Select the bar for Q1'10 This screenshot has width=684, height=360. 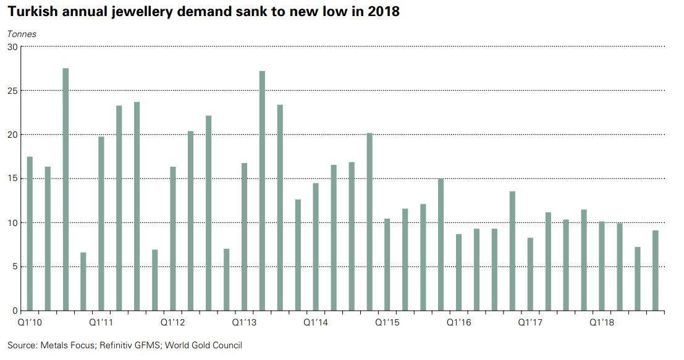(x=30, y=234)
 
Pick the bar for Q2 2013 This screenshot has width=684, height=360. (x=262, y=191)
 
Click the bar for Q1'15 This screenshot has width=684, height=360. (x=387, y=265)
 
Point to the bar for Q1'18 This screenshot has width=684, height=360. (x=602, y=266)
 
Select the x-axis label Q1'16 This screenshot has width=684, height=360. (x=459, y=322)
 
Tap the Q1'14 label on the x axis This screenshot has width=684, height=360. (x=316, y=322)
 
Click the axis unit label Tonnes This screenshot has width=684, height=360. (x=22, y=34)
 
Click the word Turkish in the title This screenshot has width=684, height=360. (x=31, y=12)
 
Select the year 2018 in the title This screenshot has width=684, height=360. (x=383, y=12)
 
